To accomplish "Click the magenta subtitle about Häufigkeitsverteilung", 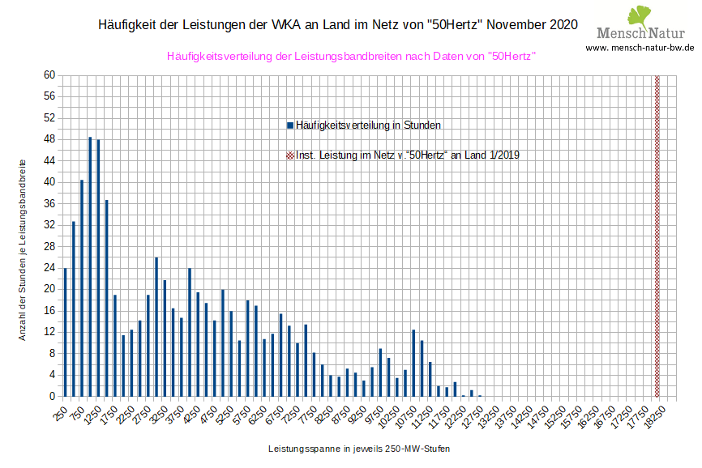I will [351, 56].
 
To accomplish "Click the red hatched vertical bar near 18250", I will [657, 236].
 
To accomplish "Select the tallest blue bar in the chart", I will [90, 267].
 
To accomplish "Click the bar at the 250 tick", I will [65, 332].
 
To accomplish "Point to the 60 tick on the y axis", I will [49, 75].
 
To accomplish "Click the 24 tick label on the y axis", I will [49, 268].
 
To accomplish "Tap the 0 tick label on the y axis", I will [51, 397].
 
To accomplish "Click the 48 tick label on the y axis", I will [49, 139].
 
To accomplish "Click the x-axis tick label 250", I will [60, 413].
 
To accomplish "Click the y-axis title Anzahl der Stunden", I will [24, 249].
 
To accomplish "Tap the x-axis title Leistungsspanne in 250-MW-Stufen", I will [358, 448].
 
